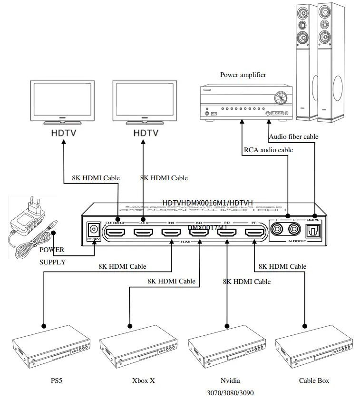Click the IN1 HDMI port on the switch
(254, 233)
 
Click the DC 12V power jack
(93, 231)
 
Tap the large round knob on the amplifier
(281, 99)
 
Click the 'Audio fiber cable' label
(293, 137)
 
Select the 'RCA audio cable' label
(268, 150)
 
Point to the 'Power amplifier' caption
(243, 75)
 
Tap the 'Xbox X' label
(143, 380)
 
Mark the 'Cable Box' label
(314, 380)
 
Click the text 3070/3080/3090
(230, 393)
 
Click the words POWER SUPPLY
(52, 255)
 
